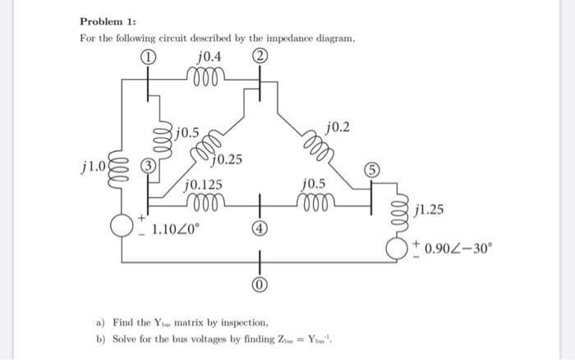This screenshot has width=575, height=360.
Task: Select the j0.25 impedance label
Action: (x=228, y=159)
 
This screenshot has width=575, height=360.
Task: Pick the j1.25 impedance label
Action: (x=430, y=211)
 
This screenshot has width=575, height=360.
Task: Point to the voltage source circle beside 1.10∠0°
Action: (x=123, y=224)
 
